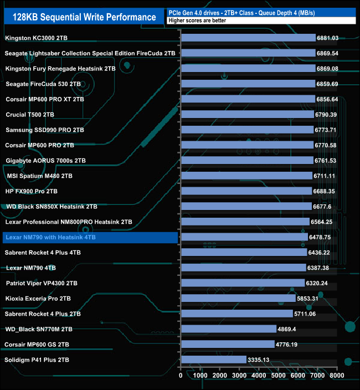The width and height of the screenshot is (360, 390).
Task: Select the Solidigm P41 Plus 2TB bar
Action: (213, 360)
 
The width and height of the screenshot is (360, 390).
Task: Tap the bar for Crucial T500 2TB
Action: (247, 115)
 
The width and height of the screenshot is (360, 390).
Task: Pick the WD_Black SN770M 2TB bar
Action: (228, 329)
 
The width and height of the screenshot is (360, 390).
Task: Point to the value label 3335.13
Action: (262, 360)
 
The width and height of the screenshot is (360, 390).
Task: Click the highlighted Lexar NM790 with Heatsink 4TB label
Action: (50, 237)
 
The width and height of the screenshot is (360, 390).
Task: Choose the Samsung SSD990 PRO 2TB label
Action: (45, 130)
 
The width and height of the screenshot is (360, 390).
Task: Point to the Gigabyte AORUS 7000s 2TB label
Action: (46, 161)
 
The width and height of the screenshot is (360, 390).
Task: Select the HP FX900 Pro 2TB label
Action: (32, 191)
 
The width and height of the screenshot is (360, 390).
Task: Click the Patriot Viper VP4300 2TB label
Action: (42, 283)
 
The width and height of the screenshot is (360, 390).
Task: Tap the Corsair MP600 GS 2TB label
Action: (37, 344)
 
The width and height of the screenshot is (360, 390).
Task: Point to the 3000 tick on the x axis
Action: (239, 375)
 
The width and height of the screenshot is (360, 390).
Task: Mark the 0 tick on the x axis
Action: (181, 375)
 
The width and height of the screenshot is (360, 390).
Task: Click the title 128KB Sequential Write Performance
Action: (80, 17)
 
